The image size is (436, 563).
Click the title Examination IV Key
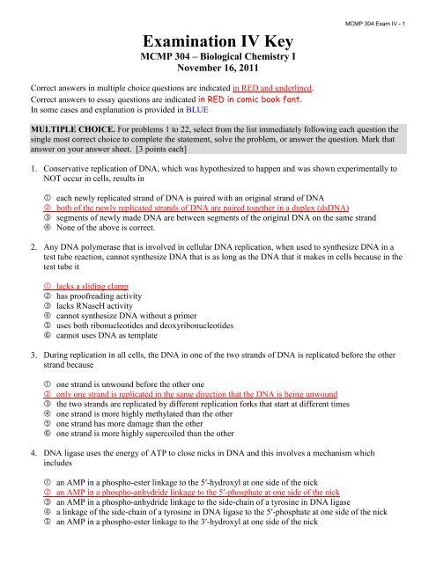(218, 44)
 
